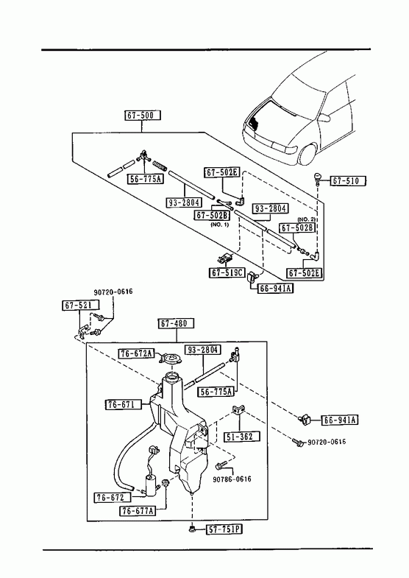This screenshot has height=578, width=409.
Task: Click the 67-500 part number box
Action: point(143,116)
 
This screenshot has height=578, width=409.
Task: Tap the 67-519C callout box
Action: point(227,272)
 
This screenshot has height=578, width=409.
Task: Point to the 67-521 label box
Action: point(81,306)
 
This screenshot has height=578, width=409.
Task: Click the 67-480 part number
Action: point(176,324)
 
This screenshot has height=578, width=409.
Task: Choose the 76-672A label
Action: point(136,353)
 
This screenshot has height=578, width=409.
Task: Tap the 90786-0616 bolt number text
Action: point(232,479)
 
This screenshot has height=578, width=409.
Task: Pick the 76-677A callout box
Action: point(138,510)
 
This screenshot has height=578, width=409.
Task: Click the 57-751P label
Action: point(224,529)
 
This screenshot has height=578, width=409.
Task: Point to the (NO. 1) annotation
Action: point(220,225)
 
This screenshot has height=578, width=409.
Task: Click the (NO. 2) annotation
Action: point(306,219)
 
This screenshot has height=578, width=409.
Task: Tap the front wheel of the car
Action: point(308,155)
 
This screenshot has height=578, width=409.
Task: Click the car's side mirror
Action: point(324,118)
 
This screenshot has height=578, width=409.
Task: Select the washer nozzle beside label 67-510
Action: point(317,178)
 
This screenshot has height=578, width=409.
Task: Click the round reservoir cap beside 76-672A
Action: point(171,359)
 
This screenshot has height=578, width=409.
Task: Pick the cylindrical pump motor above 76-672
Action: point(150,483)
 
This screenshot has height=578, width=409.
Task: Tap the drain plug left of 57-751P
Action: point(191,529)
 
